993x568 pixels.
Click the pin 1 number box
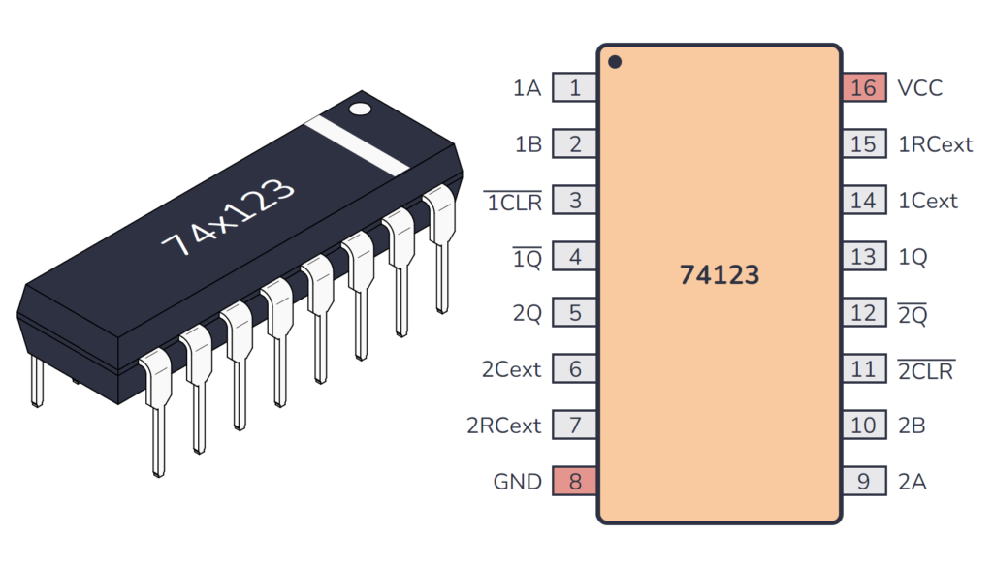(575, 88)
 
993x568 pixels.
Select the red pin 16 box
(863, 88)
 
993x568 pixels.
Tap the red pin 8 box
(575, 481)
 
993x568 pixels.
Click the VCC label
(919, 88)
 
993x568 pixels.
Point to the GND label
(517, 481)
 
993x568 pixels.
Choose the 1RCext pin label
(935, 144)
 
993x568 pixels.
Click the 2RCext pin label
(504, 425)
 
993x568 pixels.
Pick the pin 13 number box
(863, 257)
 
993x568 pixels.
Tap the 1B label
(528, 144)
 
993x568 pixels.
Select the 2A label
(913, 481)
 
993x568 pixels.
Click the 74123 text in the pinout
(719, 275)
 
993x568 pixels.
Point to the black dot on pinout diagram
(615, 63)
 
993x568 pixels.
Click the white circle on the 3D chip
(361, 109)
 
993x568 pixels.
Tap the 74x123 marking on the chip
(227, 217)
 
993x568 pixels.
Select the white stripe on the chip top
(357, 145)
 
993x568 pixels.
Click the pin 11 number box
(863, 369)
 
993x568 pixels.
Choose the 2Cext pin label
(511, 369)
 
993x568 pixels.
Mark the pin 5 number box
(575, 313)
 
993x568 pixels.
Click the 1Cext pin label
(928, 201)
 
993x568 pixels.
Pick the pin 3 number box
(575, 201)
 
